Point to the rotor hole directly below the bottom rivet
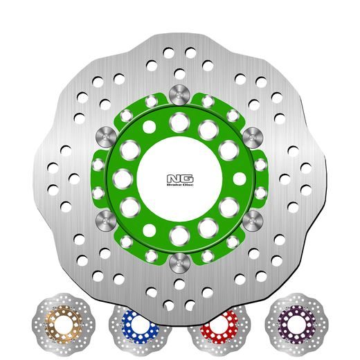[x=180, y=284]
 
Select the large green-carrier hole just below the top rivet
[x=180, y=118]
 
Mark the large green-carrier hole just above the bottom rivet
[x=180, y=237]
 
